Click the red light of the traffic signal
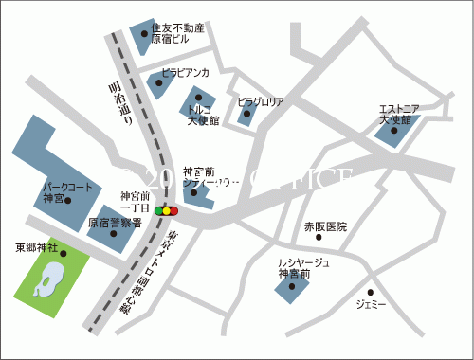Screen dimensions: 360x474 [175, 210]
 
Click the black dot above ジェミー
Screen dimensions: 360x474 [371, 292]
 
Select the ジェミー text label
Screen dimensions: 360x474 [371, 305]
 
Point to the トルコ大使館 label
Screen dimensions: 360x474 [203, 116]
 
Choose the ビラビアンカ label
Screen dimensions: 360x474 [186, 72]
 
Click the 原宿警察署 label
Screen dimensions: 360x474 [115, 224]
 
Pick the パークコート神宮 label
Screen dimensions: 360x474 [66, 193]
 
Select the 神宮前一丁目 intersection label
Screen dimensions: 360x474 [135, 202]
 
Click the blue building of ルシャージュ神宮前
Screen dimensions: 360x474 [291, 289]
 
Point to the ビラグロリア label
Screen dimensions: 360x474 [260, 100]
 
